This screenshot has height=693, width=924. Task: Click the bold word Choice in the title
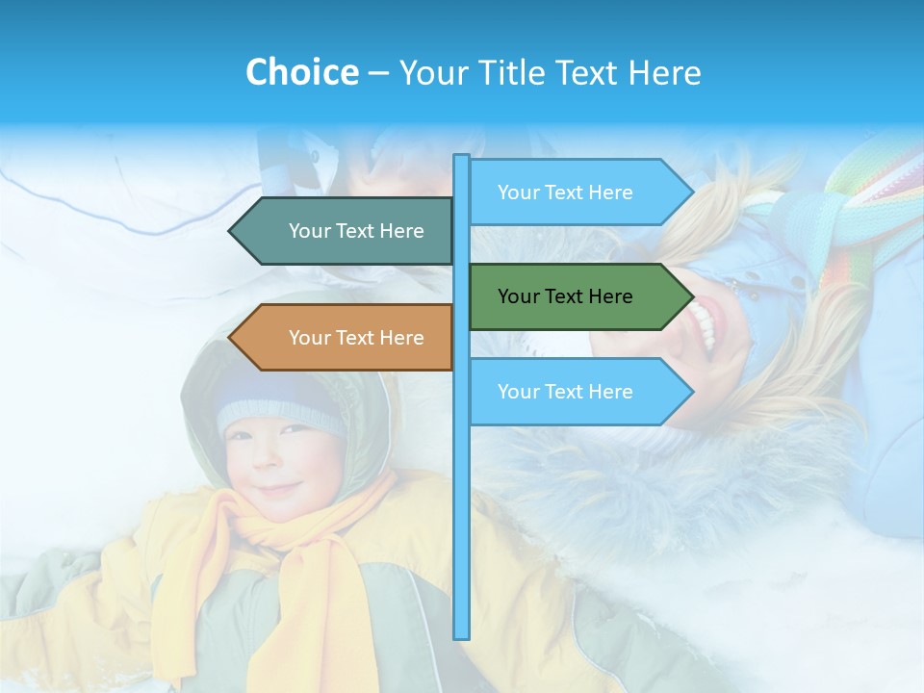tap(301, 72)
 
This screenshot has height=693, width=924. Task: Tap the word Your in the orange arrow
tap(310, 338)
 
